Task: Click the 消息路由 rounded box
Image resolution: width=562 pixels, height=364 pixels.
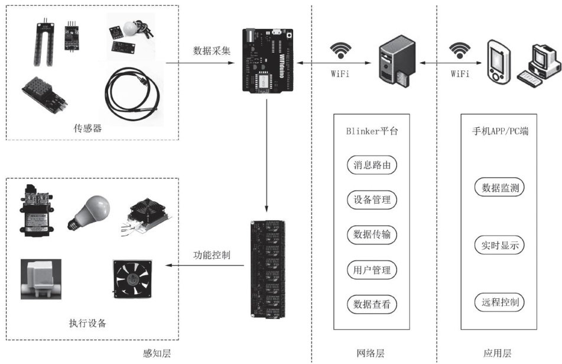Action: (372, 165)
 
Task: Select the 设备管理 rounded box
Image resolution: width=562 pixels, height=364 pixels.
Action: (372, 200)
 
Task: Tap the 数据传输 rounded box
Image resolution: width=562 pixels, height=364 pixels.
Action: (372, 235)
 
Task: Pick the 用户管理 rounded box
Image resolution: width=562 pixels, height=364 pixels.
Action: (372, 270)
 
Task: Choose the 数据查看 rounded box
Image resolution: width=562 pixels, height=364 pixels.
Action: (372, 305)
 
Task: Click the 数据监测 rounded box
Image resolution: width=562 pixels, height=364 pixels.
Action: (500, 188)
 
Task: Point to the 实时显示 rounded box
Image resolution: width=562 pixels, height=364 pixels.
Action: (500, 246)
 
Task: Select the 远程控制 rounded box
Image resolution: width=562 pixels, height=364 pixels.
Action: (500, 304)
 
